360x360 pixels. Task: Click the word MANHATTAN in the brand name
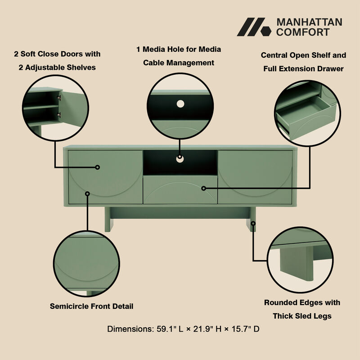pyautogui.click(x=309, y=22)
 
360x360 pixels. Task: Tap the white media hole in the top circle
pyautogui.click(x=180, y=103)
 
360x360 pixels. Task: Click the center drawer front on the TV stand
pyautogui.click(x=180, y=189)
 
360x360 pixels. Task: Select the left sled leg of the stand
pyautogui.click(x=109, y=220)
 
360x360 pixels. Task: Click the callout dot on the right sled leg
pyautogui.click(x=253, y=223)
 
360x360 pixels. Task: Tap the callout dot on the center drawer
pyautogui.click(x=203, y=188)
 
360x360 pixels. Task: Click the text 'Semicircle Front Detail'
pyautogui.click(x=91, y=306)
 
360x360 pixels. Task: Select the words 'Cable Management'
pyautogui.click(x=179, y=63)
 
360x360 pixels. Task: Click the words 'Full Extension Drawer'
pyautogui.click(x=303, y=69)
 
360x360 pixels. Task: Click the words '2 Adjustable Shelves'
pyautogui.click(x=57, y=67)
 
